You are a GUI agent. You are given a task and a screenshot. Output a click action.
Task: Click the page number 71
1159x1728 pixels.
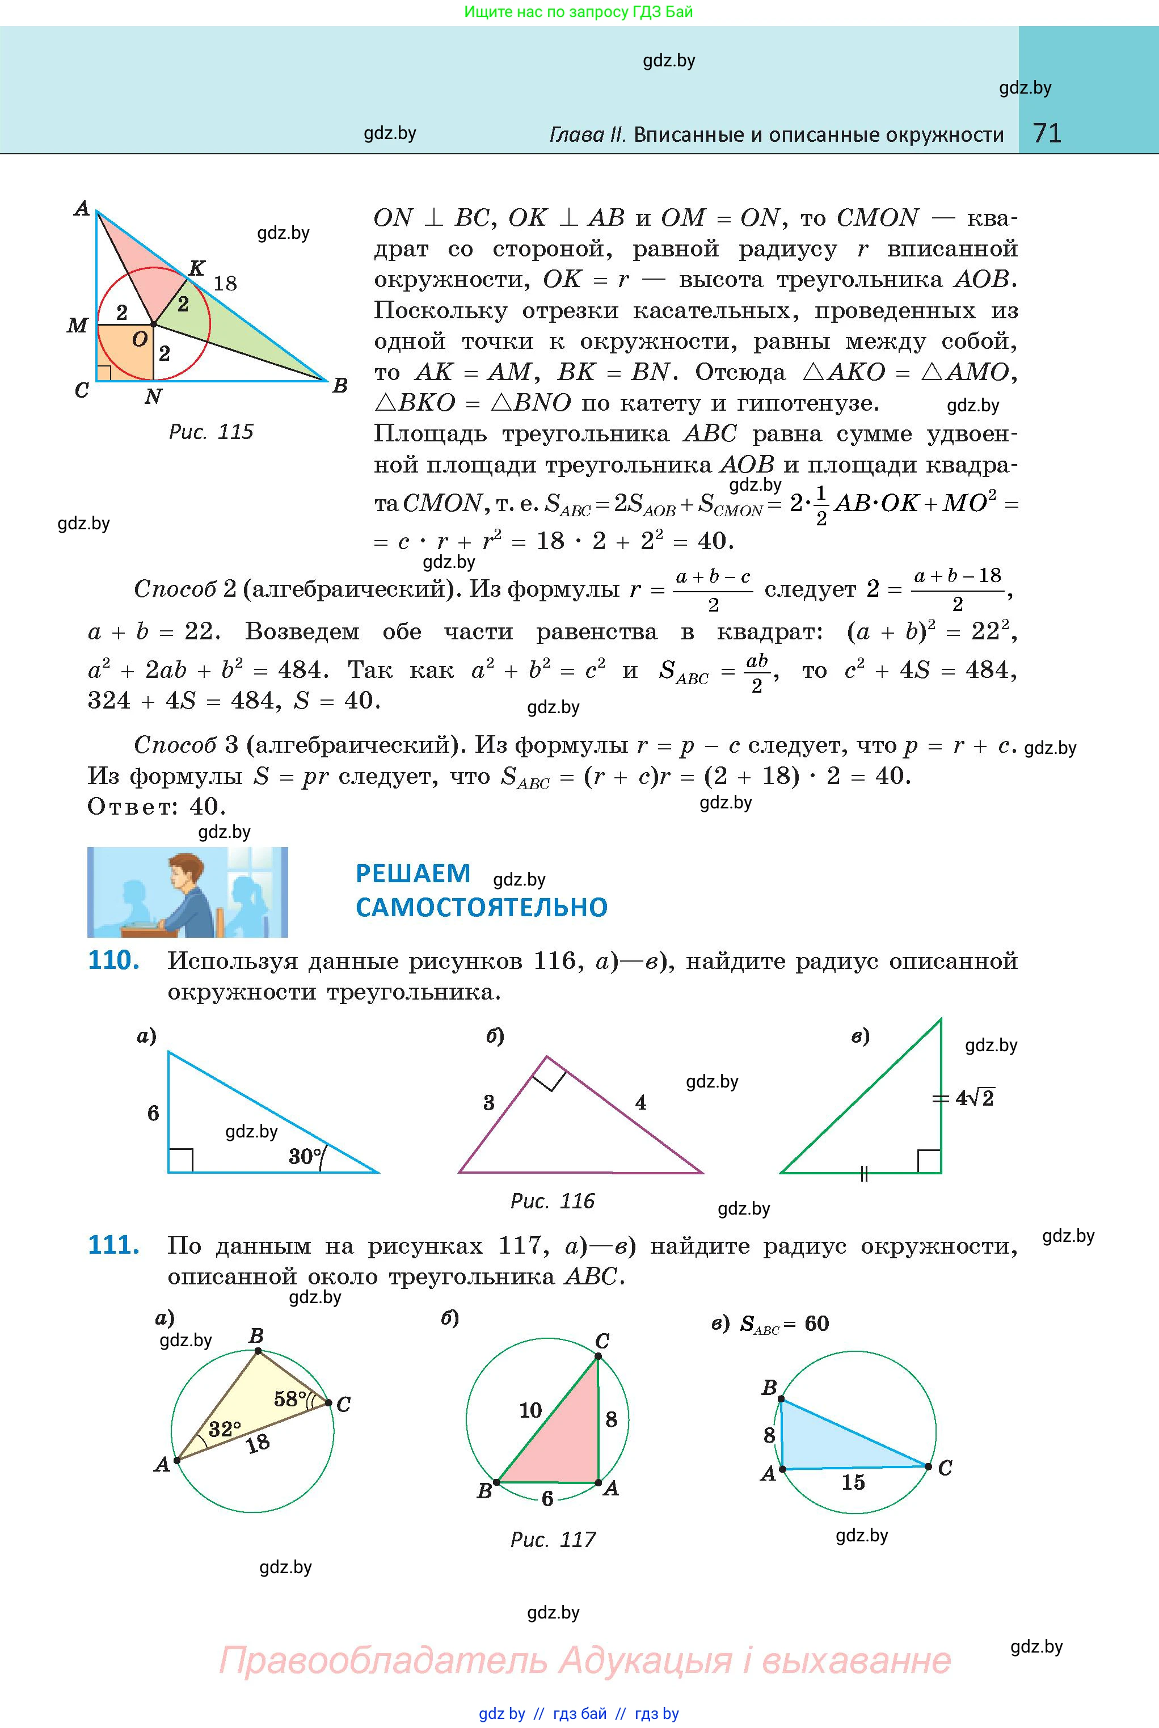[1047, 133]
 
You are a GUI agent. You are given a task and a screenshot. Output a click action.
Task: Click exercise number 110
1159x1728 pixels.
[113, 961]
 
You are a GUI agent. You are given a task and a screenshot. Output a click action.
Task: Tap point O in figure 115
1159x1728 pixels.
[153, 324]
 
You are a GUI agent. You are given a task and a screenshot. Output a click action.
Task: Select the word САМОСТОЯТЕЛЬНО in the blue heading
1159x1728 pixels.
[481, 907]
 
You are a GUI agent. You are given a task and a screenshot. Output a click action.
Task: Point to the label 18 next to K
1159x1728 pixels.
[225, 283]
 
